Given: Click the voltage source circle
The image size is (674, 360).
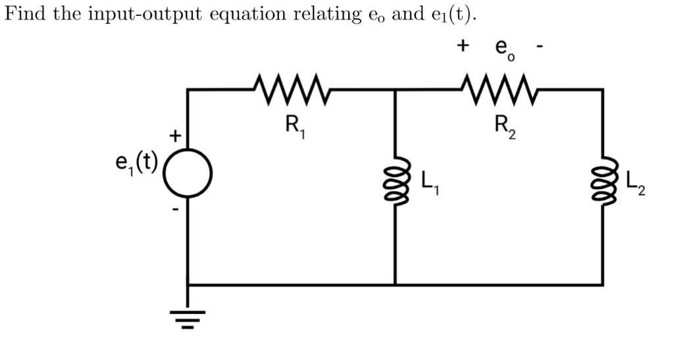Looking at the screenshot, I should (x=188, y=172).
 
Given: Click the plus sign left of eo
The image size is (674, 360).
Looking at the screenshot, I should (x=464, y=45).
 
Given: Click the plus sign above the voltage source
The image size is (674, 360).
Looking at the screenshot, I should (x=175, y=136).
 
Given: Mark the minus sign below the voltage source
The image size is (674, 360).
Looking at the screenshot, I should (x=176, y=211).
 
